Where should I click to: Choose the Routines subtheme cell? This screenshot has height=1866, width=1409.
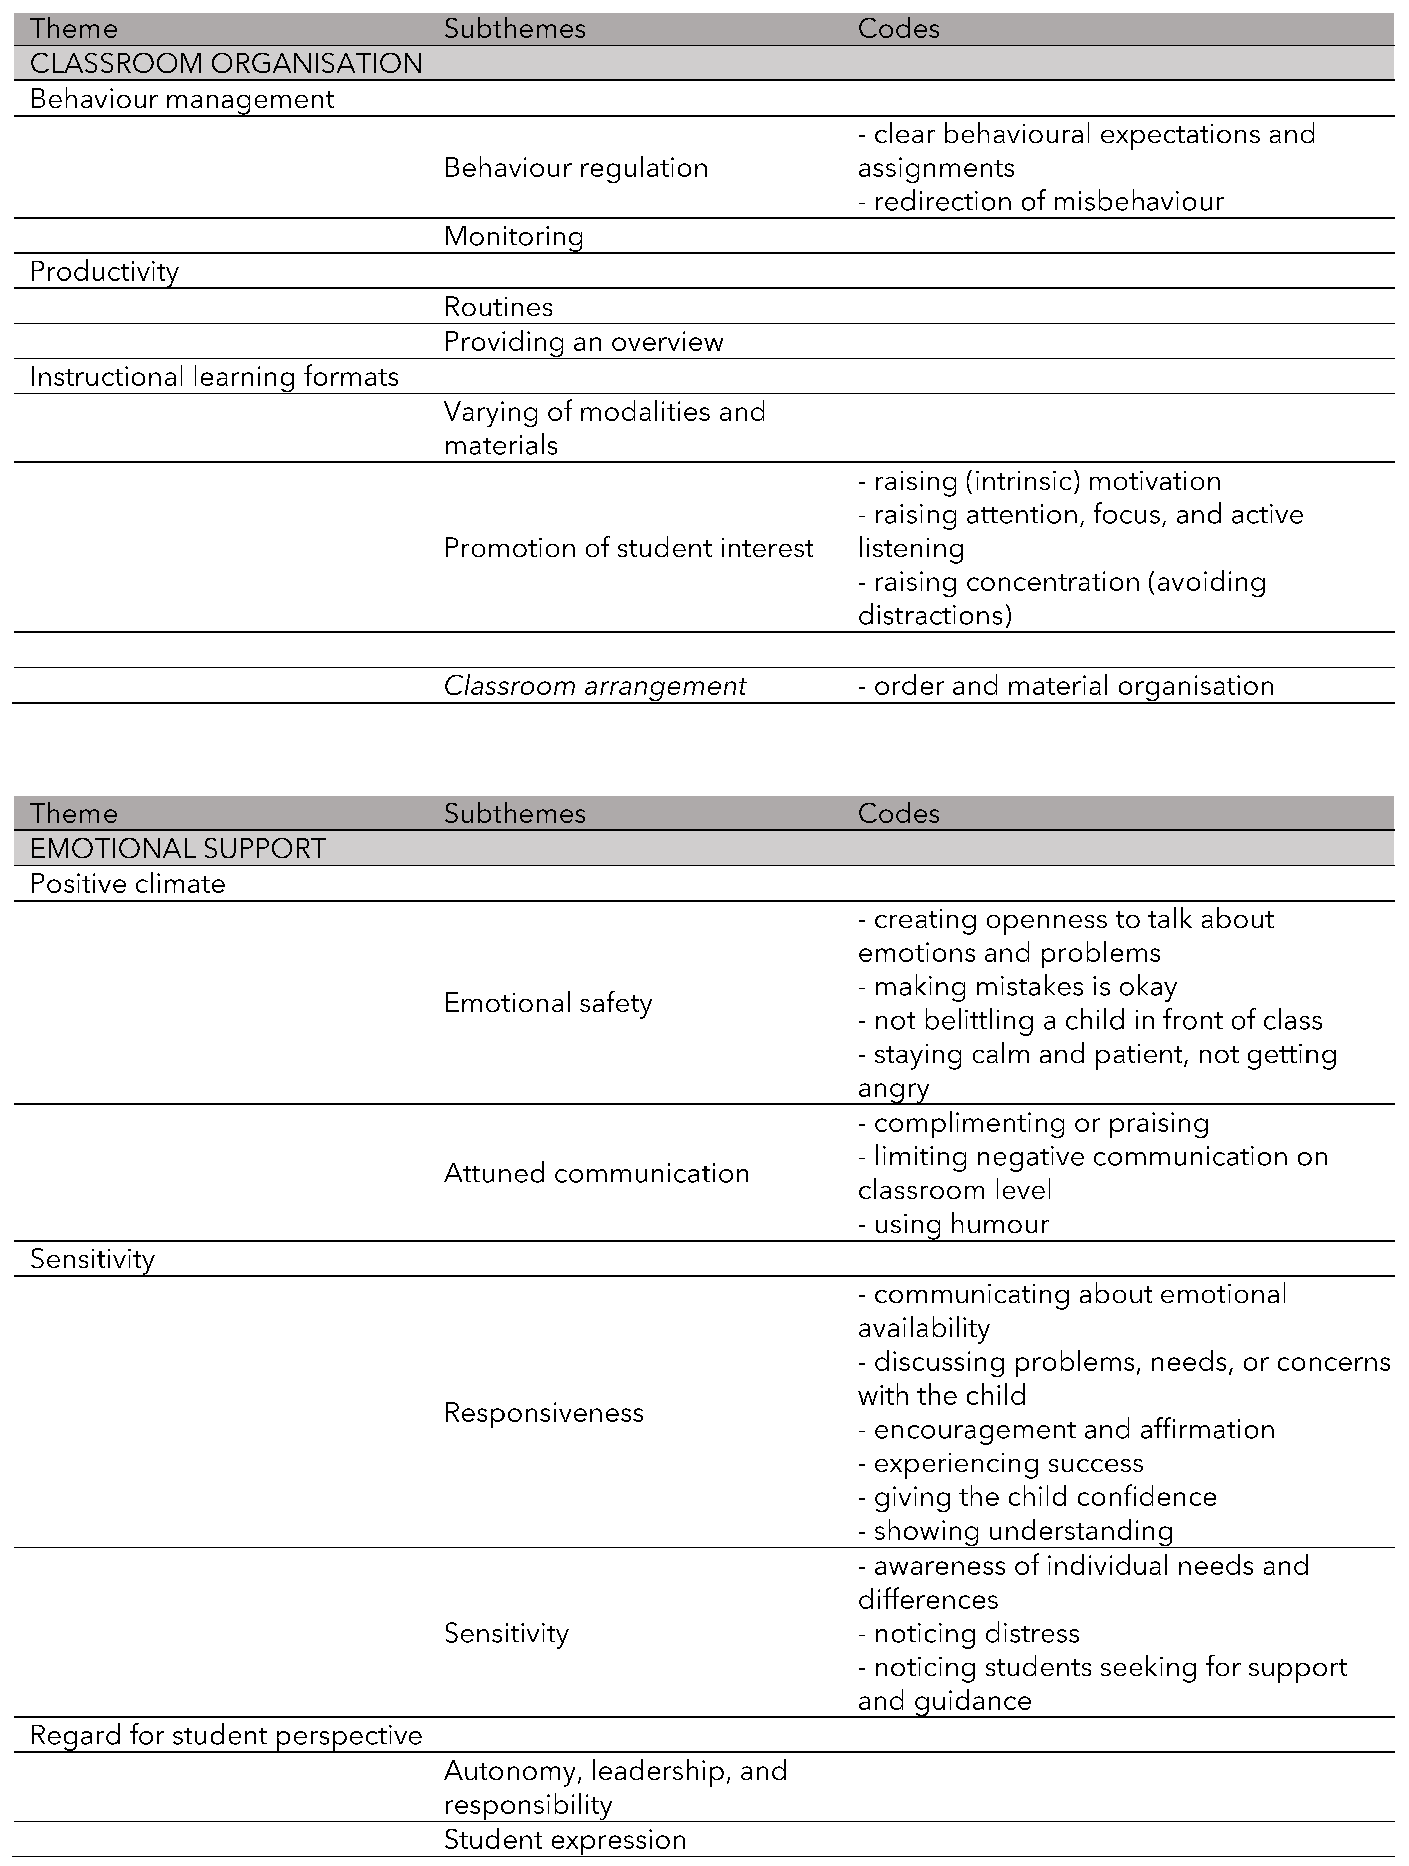tap(498, 307)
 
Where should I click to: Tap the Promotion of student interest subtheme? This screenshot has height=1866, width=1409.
tap(629, 548)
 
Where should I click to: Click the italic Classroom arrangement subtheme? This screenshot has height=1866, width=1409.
tap(595, 686)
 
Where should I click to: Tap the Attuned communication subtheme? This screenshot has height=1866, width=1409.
tap(597, 1173)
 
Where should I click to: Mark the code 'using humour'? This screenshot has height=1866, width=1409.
tap(953, 1224)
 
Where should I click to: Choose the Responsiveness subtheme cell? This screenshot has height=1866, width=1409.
tap(544, 1413)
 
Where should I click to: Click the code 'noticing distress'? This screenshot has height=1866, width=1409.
tap(969, 1634)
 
